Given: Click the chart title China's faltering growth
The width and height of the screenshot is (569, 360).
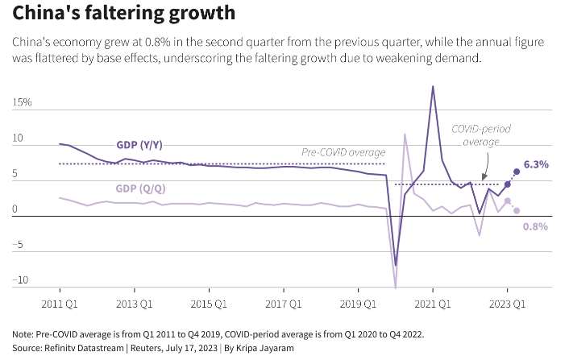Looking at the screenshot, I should coord(124,14).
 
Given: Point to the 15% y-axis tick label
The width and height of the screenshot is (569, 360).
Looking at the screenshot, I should coord(22,103).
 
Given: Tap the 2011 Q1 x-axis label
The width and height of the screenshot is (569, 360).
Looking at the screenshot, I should coord(60,304).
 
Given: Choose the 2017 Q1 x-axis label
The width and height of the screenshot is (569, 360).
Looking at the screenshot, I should coord(283,304).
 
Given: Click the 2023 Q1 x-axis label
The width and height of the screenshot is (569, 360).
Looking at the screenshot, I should coord(507,304).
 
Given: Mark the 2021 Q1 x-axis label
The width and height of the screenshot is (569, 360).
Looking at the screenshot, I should coord(433,304).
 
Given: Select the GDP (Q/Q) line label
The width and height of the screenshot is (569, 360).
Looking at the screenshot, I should coord(140,188).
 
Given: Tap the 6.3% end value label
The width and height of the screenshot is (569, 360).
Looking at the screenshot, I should coord(536,164).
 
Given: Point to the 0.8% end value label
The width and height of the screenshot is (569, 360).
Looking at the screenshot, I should coord(535,226).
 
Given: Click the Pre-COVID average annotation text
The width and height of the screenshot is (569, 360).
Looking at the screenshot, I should coord(343,151).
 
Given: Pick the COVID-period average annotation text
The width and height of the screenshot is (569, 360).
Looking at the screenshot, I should coord(481,135).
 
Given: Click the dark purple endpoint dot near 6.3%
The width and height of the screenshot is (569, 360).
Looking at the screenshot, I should coord(517,172).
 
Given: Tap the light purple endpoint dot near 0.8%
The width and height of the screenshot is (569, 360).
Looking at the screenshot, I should coord(517,210).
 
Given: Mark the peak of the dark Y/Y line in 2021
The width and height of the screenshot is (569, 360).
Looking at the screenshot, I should coord(433,86).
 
